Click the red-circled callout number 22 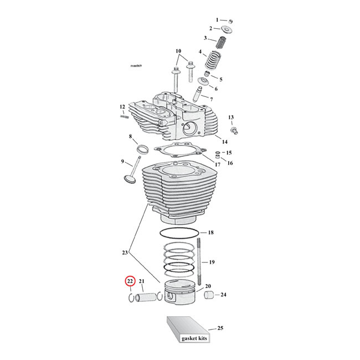(130, 281)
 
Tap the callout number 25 (220, 328)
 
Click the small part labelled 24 (209, 295)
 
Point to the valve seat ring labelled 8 (142, 149)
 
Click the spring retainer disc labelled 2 (228, 28)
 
